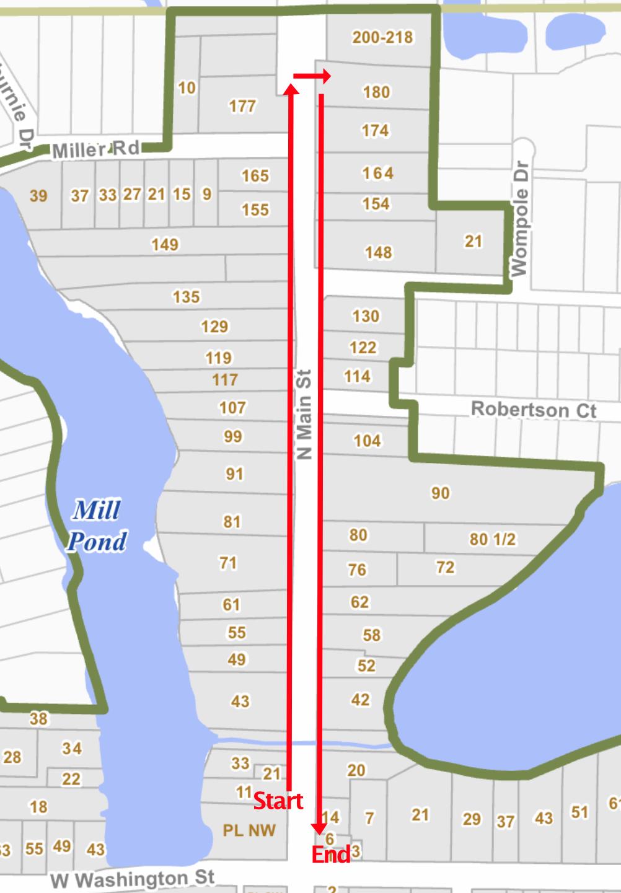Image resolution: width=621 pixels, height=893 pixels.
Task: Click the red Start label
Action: [278, 801]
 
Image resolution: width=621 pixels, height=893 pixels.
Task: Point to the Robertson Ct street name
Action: [533, 410]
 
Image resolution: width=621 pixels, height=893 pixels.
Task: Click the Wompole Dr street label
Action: [519, 219]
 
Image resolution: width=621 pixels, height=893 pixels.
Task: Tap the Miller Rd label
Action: [95, 150]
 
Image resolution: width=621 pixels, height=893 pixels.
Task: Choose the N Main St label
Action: [304, 415]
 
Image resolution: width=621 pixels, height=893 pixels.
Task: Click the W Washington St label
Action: [132, 879]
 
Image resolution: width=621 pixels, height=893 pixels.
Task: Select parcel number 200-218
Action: [382, 37]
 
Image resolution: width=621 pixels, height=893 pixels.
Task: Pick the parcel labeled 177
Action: [242, 107]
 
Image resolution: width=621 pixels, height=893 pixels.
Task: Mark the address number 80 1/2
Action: [492, 539]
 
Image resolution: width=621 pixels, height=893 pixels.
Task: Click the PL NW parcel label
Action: [249, 830]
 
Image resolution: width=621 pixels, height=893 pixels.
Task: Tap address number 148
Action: [378, 252]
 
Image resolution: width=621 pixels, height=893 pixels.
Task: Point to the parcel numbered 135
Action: [186, 297]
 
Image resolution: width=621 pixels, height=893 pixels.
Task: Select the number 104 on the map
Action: [367, 441]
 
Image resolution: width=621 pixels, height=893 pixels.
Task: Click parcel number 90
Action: [440, 493]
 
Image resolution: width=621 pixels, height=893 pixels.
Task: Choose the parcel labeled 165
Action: [255, 176]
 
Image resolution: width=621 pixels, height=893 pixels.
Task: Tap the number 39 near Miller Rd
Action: [38, 196]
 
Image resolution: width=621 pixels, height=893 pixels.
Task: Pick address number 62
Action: [359, 602]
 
